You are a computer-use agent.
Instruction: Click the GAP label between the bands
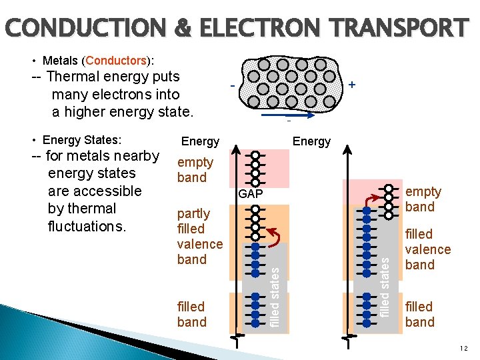point(251,194)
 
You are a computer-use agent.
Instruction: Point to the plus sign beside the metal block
point(351,85)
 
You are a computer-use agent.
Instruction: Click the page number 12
point(463,349)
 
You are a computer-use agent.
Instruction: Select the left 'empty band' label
point(195,170)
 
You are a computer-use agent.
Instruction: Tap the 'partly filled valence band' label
point(199,236)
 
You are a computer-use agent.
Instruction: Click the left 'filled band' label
point(191,314)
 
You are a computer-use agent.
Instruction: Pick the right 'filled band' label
point(419,314)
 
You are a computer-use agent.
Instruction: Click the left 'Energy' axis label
point(200,141)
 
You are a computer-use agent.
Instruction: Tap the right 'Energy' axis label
point(311,141)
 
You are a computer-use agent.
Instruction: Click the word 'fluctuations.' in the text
point(87,227)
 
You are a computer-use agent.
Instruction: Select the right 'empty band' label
point(423,199)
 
